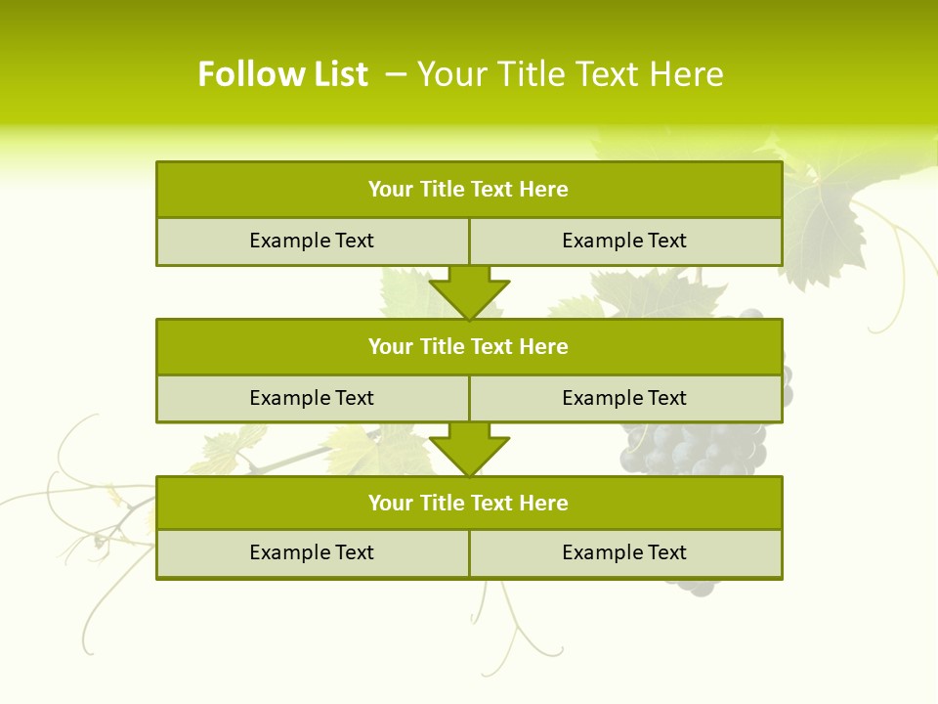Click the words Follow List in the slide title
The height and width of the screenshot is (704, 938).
click(282, 74)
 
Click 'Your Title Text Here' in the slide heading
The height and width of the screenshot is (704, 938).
click(570, 74)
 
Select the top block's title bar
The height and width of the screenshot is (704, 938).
click(469, 190)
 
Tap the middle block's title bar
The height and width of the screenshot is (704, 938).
click(469, 346)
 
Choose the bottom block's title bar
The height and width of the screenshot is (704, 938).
click(469, 503)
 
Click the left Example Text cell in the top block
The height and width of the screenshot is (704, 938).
click(312, 241)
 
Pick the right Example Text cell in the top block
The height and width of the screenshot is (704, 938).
click(624, 241)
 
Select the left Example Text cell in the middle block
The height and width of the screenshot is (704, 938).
click(312, 398)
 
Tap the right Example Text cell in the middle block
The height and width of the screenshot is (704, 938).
click(624, 398)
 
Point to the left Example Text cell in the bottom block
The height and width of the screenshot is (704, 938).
click(312, 552)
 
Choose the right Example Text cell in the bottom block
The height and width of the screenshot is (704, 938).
click(624, 552)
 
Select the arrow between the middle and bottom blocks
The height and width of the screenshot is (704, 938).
click(469, 448)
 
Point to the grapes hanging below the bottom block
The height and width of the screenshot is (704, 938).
click(694, 586)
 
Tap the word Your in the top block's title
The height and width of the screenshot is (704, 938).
click(391, 190)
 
